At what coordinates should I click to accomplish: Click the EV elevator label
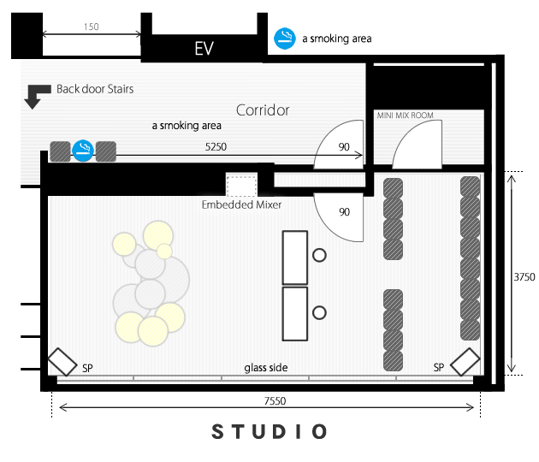[x=204, y=48]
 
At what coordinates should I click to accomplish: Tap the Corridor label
[x=263, y=110]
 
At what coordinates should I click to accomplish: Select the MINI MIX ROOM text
[x=405, y=115]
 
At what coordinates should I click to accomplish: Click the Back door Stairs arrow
[x=37, y=96]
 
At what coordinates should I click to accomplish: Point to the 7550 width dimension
[x=275, y=401]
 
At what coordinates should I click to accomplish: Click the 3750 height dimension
[x=524, y=277]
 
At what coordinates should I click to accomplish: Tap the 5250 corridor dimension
[x=216, y=147]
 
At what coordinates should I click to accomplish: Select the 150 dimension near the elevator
[x=91, y=27]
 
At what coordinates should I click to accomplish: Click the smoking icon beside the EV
[x=285, y=38]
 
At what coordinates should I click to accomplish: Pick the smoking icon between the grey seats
[x=83, y=151]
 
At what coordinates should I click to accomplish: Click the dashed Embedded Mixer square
[x=241, y=186]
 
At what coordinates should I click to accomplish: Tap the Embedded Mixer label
[x=241, y=204]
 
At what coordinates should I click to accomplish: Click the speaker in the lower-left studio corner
[x=62, y=362]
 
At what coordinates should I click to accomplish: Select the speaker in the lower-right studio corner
[x=465, y=362]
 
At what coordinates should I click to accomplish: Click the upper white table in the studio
[x=295, y=258]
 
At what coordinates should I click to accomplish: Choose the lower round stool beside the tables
[x=319, y=313]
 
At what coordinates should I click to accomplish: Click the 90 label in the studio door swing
[x=344, y=212]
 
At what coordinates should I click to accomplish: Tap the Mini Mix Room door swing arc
[x=406, y=134]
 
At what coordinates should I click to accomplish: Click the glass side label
[x=266, y=368]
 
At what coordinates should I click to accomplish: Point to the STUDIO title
[x=269, y=431]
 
